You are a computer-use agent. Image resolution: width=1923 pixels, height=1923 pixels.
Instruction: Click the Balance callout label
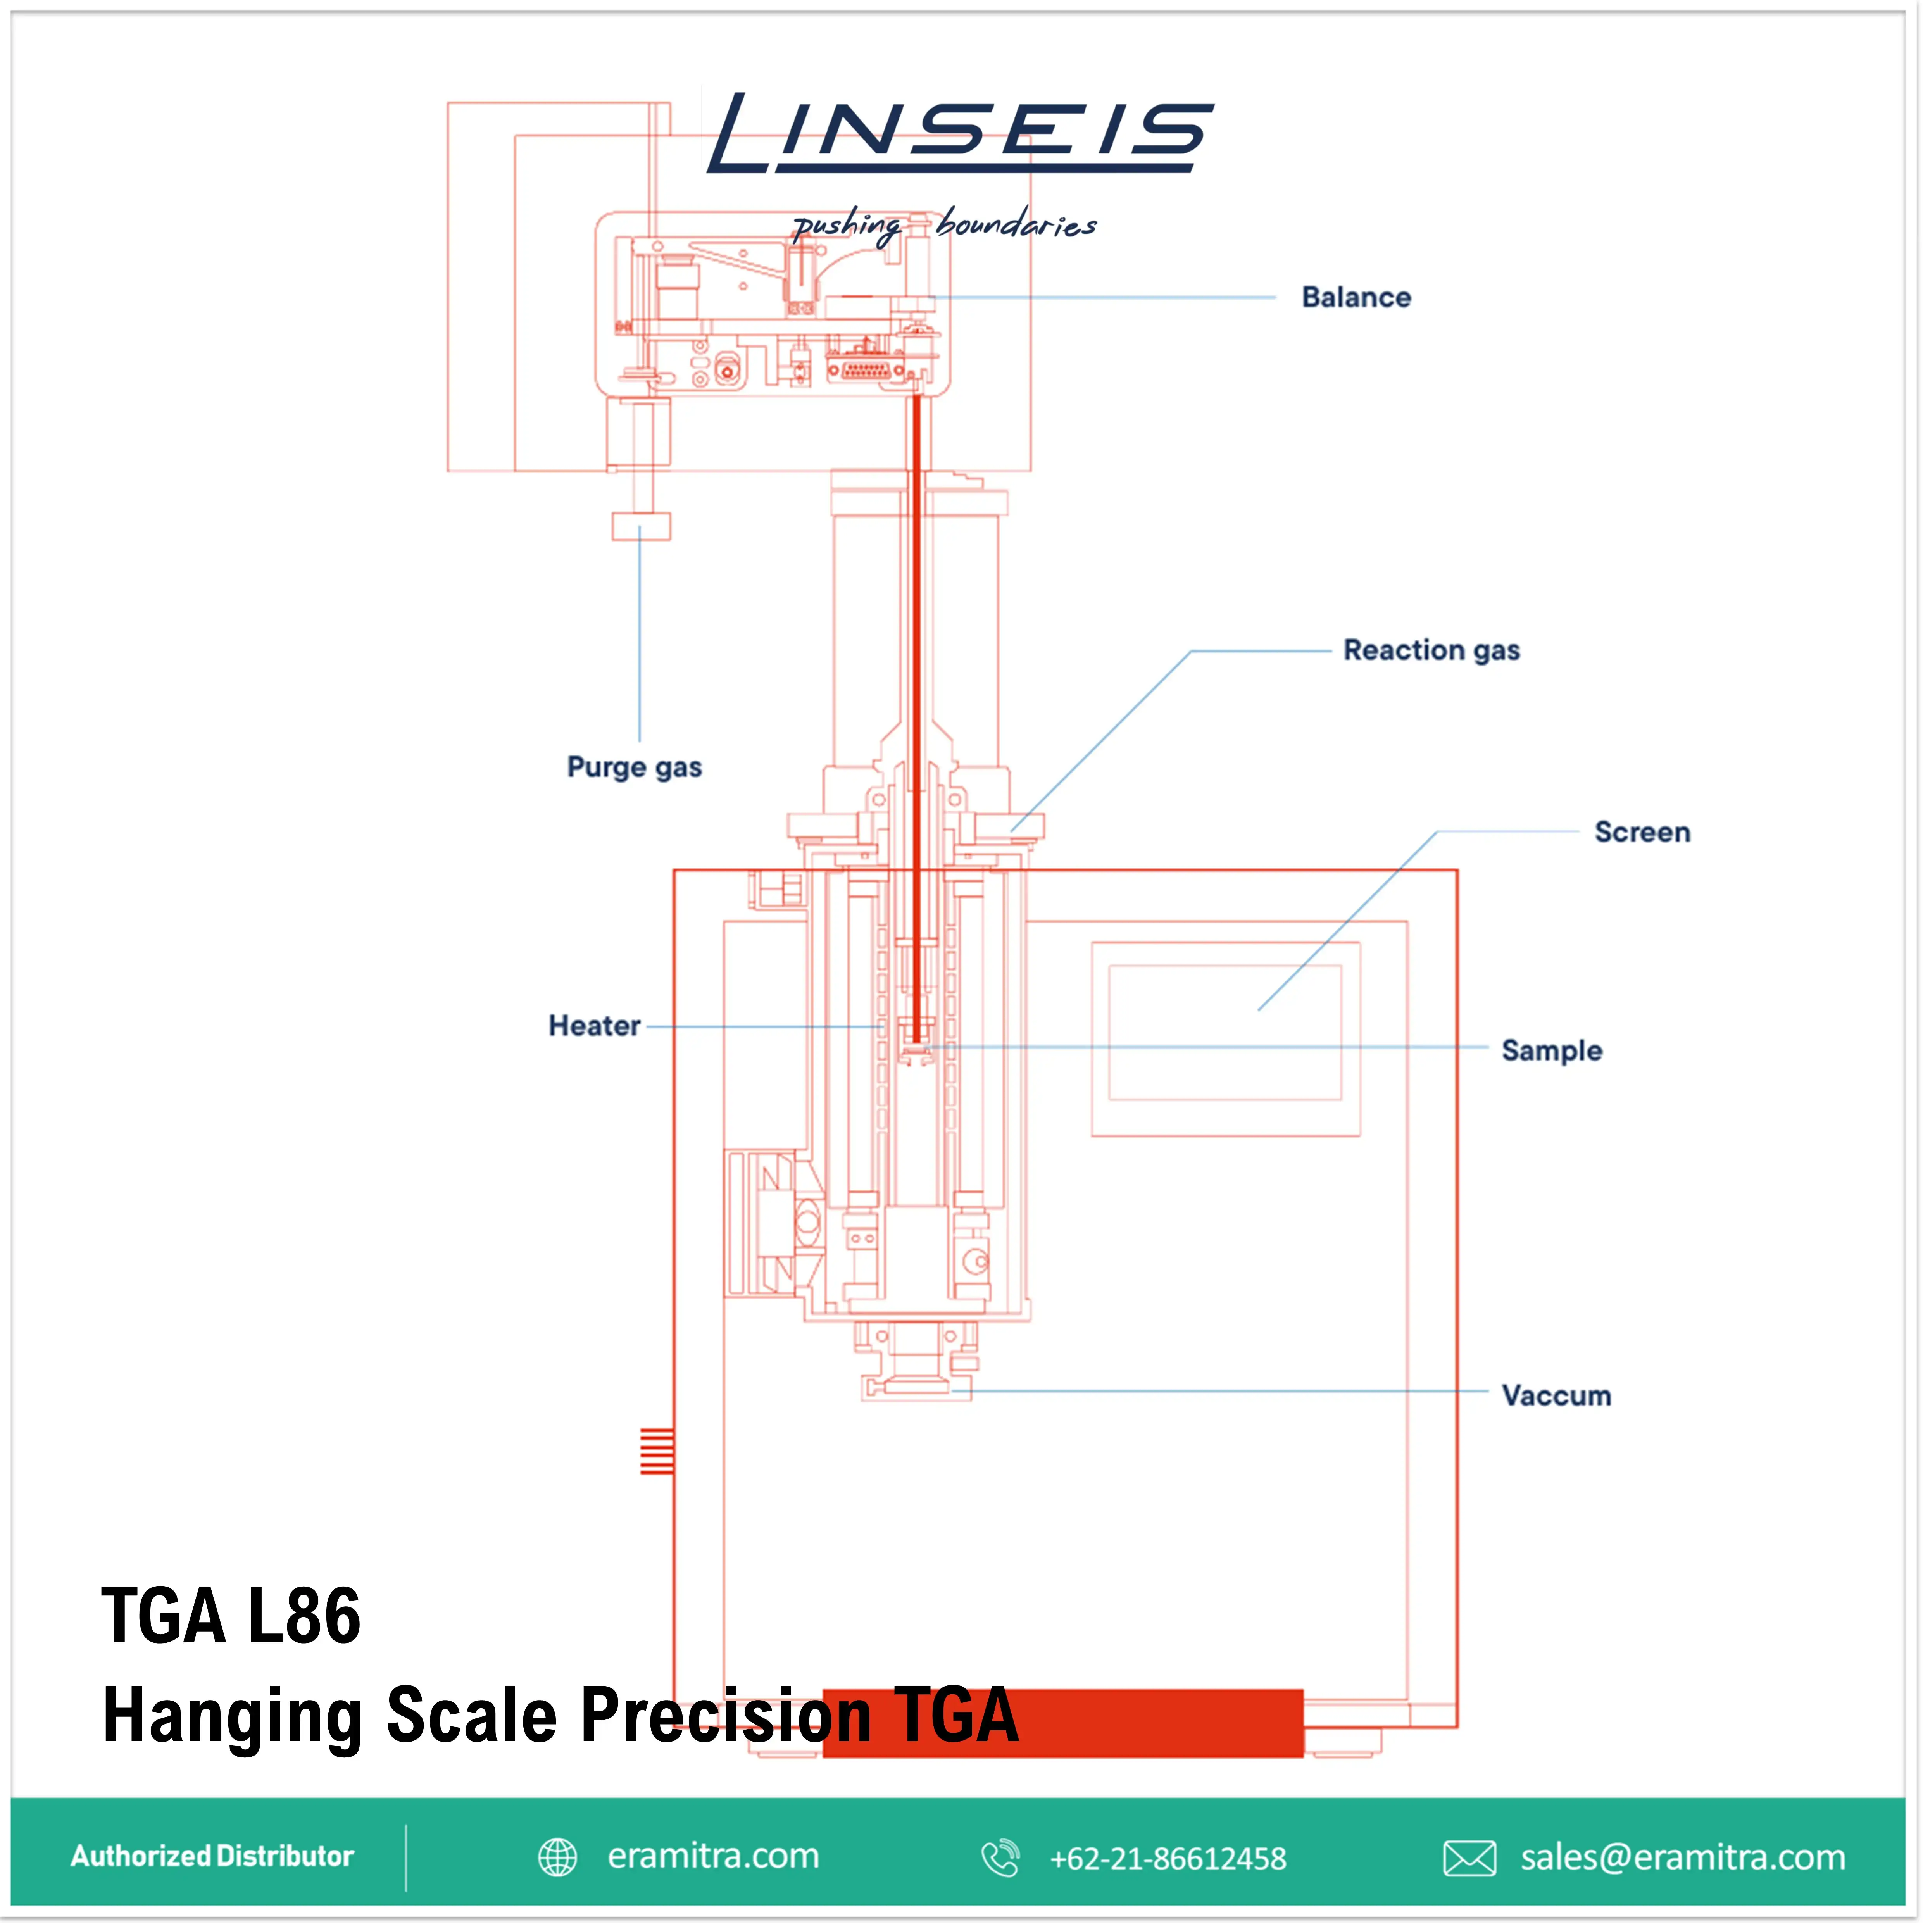tap(1356, 298)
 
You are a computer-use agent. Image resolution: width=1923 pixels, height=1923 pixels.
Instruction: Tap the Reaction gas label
tap(1431, 650)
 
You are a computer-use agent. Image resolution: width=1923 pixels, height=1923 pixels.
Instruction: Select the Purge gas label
tap(634, 767)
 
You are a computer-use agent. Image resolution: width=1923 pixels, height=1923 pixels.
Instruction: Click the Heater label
tap(594, 1026)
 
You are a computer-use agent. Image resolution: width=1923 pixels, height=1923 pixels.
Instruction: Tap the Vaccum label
tap(1556, 1395)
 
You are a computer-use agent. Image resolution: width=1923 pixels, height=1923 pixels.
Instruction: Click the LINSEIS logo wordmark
tap(961, 133)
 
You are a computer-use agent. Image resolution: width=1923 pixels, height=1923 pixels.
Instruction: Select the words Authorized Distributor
tap(212, 1856)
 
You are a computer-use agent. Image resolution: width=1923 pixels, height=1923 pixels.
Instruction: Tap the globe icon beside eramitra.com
tap(557, 1857)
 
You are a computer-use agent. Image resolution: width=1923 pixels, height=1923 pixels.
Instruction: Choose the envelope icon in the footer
tap(1469, 1857)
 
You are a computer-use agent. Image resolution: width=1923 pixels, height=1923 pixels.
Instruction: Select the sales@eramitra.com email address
tap(1682, 1857)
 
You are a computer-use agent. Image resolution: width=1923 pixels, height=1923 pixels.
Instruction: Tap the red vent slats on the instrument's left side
tap(657, 1450)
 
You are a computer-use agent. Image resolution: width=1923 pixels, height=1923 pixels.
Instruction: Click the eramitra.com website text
tap(713, 1856)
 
